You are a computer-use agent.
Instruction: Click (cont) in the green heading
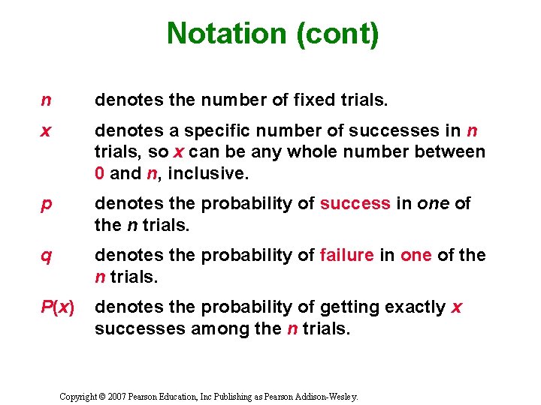[342, 34]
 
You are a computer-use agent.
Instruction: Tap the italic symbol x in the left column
[46, 131]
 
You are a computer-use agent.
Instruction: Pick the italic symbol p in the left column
[46, 205]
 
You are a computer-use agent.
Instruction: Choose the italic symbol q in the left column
[46, 256]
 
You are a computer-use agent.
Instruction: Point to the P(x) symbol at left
[57, 307]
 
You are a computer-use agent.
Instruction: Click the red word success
[355, 205]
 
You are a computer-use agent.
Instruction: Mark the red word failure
[347, 256]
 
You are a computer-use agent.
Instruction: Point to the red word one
[416, 256]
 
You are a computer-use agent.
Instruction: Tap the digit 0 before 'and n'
[100, 174]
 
